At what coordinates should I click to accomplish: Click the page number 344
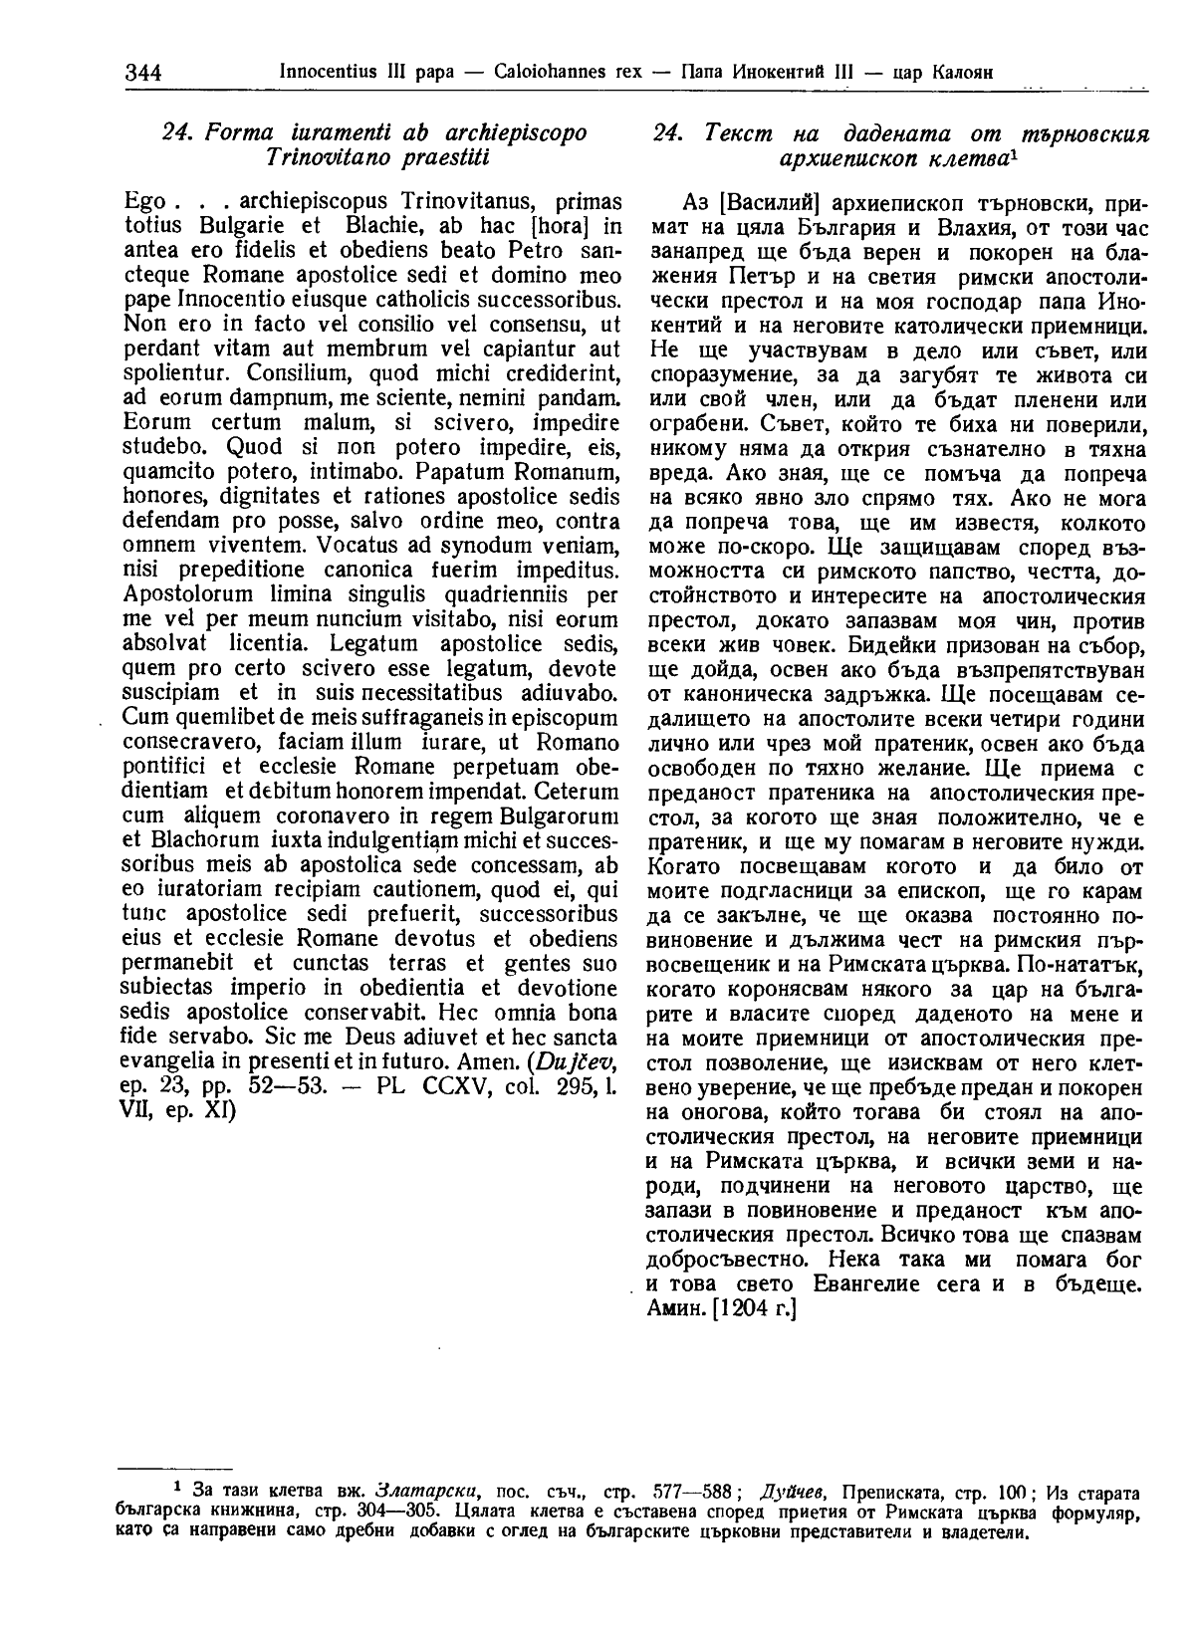point(144,73)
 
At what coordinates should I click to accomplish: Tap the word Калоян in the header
point(957,73)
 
